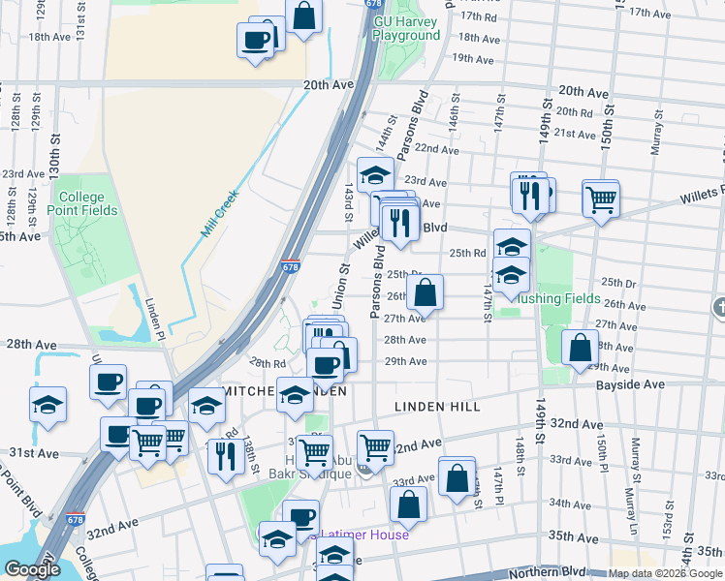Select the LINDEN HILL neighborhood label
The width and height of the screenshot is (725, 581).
(436, 407)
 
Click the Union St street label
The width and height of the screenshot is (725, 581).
(340, 288)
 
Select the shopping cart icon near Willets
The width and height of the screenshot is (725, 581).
(601, 199)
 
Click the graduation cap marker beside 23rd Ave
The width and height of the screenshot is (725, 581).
(375, 175)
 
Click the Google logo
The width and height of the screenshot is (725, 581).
(32, 569)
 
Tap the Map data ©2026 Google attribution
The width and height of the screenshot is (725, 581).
(665, 574)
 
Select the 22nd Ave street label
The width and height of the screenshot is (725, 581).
(435, 150)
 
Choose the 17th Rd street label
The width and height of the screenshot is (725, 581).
(479, 17)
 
